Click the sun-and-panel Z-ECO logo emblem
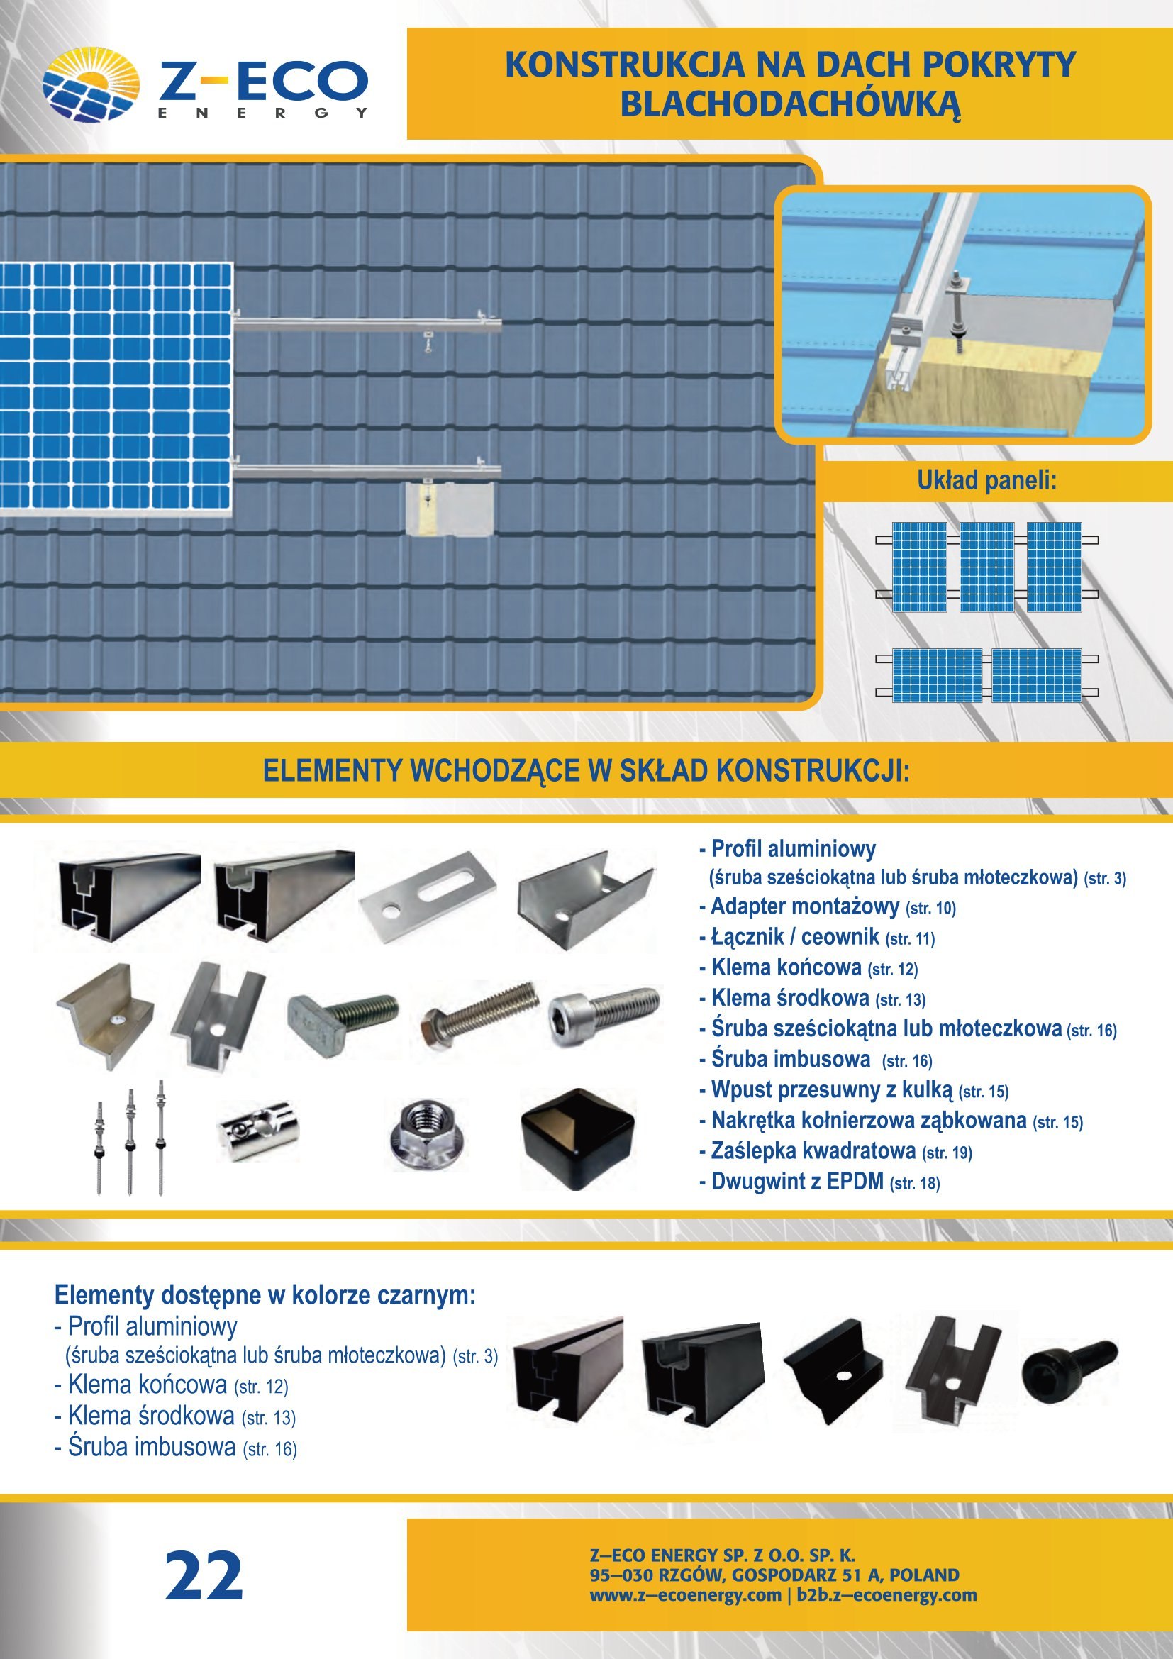pyautogui.click(x=91, y=84)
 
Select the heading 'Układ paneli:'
pyautogui.click(x=986, y=480)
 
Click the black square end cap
pyautogui.click(x=578, y=1140)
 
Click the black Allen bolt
pyautogui.click(x=1069, y=1372)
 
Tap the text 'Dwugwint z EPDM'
pyautogui.click(x=797, y=1181)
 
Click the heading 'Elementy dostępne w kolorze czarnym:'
pyautogui.click(x=265, y=1295)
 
